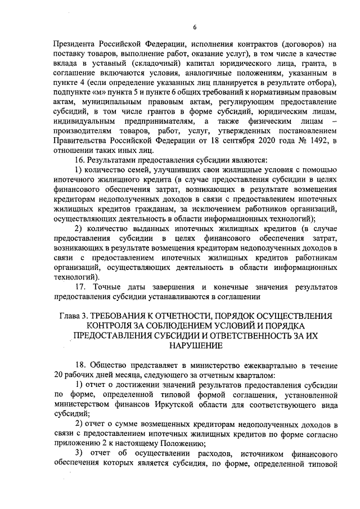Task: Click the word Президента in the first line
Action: point(69,43)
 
